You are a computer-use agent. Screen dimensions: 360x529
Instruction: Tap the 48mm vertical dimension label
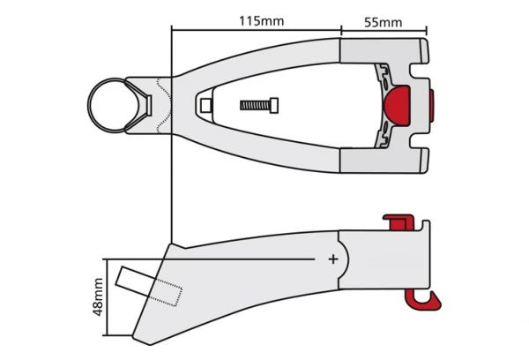[99, 296]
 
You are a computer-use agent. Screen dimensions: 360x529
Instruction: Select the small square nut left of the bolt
[206, 106]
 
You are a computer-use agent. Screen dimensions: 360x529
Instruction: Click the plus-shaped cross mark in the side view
[333, 259]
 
